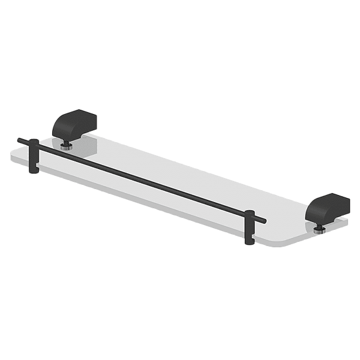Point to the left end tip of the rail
pyautogui.click(x=20, y=141)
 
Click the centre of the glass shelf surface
pyautogui.click(x=180, y=180)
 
